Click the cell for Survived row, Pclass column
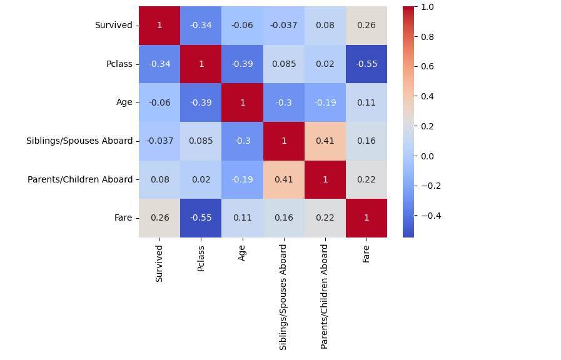(201, 26)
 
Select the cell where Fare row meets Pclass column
(201, 217)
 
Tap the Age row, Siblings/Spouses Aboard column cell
(283, 102)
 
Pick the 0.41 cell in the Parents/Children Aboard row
(283, 179)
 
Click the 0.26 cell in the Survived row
(366, 26)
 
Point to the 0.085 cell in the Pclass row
(283, 64)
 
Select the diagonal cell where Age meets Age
(242, 102)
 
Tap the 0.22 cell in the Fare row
(325, 217)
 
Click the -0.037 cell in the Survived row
(283, 26)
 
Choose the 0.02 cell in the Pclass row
(325, 64)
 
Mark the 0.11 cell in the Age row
(366, 102)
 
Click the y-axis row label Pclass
(119, 64)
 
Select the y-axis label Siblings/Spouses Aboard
(79, 141)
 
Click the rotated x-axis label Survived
(159, 263)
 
